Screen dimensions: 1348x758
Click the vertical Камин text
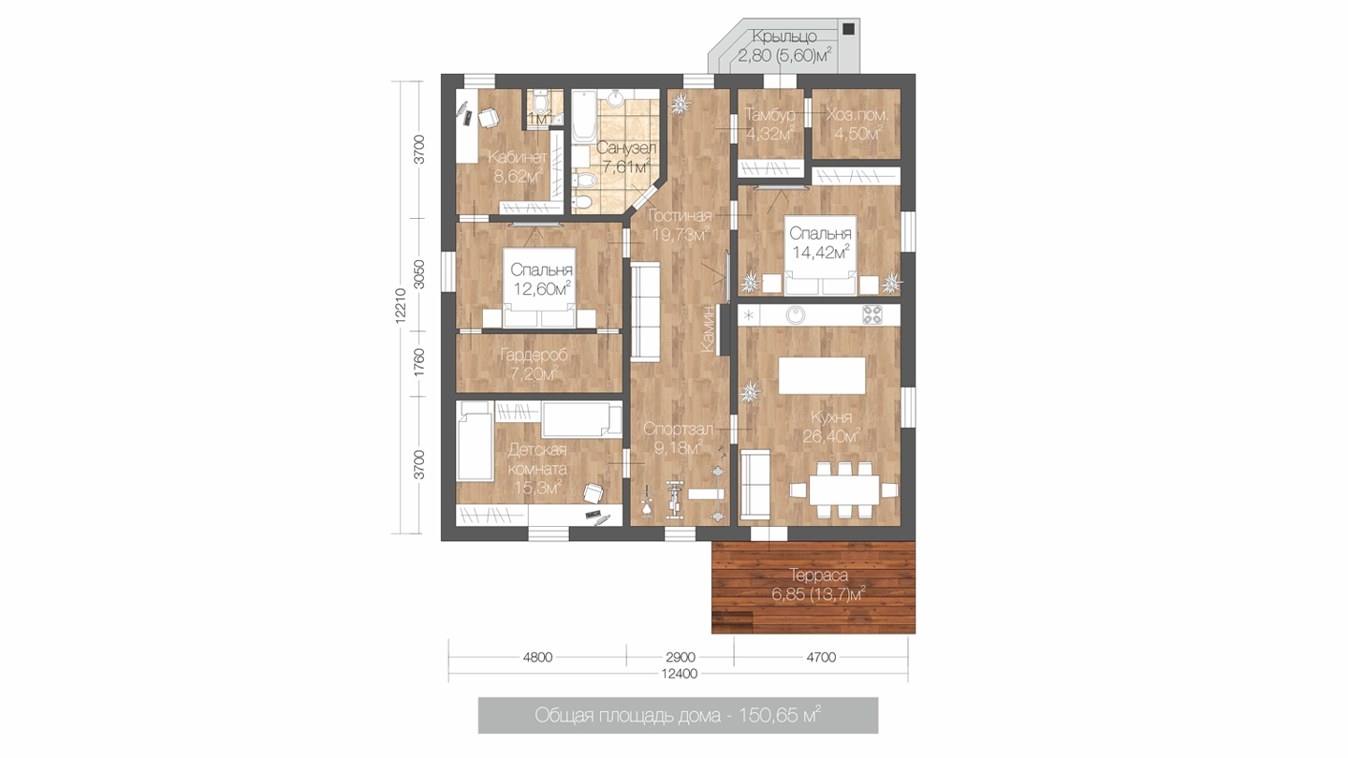coord(709,328)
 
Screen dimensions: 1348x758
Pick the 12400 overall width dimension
coord(680,674)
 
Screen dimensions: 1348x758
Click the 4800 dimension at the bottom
coord(537,658)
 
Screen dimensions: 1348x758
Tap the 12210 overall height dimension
coord(402,306)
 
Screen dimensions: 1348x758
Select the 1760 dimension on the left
coord(419,363)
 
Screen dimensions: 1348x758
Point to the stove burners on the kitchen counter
coord(872,314)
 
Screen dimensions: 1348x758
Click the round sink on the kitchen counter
coord(796,314)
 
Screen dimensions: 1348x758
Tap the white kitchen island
coord(822,375)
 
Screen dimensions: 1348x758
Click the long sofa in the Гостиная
coord(646,313)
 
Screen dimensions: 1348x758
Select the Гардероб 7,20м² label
coord(534,365)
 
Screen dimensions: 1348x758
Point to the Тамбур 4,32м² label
coord(770,124)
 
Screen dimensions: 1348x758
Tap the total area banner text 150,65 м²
coord(779,715)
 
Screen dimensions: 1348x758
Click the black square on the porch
coord(848,29)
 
